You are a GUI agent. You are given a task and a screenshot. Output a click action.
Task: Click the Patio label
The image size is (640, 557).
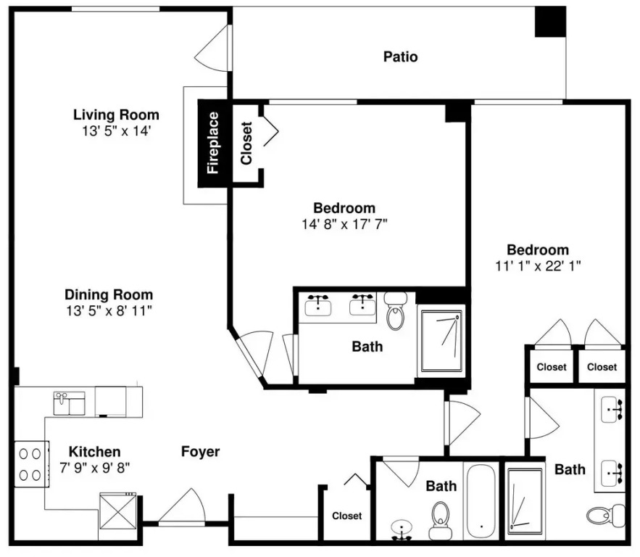pos(400,57)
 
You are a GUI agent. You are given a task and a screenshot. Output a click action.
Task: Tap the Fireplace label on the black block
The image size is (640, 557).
pos(213,143)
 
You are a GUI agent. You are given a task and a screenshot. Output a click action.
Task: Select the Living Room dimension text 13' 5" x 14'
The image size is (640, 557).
pos(117,131)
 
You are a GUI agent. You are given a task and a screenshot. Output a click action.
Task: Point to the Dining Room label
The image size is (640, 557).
pos(109,294)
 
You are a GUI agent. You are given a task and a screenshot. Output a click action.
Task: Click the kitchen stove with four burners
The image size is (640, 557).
pos(31,464)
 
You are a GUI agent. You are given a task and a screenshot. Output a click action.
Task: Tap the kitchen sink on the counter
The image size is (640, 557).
pos(70,403)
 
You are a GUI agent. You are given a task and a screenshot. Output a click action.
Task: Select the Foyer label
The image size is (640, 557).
pos(201,452)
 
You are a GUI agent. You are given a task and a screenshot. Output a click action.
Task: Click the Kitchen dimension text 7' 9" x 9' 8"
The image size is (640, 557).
pos(95,468)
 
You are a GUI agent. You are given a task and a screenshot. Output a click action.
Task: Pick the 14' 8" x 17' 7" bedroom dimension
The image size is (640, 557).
pos(344,224)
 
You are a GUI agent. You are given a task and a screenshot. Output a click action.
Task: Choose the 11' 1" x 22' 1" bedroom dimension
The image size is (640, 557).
pos(538,266)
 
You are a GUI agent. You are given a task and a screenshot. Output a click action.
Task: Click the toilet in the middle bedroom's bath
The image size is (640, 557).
pos(395,311)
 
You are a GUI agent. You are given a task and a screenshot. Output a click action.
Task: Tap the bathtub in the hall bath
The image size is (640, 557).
pos(481,501)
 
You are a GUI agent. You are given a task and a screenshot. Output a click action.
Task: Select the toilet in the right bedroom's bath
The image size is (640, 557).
pos(606,516)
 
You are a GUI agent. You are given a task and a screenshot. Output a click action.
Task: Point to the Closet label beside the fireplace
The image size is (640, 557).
pos(246,144)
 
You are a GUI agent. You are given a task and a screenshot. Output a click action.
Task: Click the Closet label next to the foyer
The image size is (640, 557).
pos(347,516)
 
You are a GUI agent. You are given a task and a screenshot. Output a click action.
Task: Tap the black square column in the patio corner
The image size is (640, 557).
pos(550,22)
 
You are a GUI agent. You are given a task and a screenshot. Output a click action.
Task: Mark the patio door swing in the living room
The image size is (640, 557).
pos(212,48)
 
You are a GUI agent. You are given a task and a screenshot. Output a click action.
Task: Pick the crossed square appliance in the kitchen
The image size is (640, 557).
pos(118,511)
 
